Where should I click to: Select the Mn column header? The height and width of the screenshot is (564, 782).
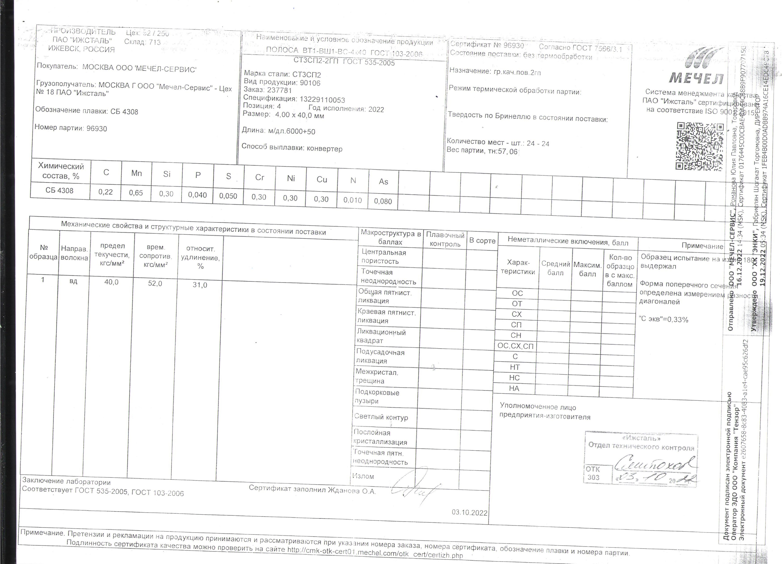click(136, 173)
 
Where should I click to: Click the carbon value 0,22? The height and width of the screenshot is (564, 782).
click(105, 192)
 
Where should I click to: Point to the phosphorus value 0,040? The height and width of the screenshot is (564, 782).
click(197, 195)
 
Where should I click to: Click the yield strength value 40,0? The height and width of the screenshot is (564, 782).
click(111, 282)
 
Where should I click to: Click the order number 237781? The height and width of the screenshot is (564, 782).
click(279, 90)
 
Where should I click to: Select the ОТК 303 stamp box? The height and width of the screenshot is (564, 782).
click(593, 473)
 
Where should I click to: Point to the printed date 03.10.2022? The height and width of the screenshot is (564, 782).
click(470, 513)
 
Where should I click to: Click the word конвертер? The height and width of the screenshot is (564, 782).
click(324, 149)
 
